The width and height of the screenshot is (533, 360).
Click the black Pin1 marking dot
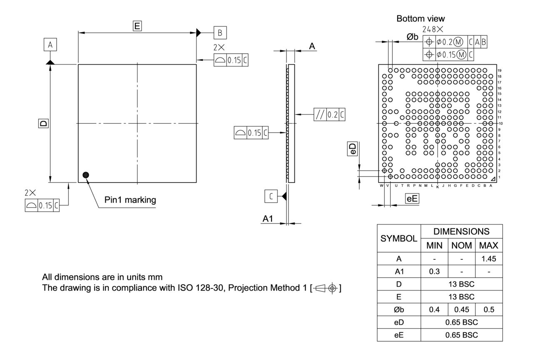(x=86, y=175)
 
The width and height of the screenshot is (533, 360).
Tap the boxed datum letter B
(x=220, y=32)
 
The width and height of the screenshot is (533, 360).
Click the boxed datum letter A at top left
(x=50, y=45)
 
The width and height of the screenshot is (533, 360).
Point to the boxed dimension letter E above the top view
(x=137, y=26)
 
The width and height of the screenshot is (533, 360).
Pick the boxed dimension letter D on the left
(x=43, y=123)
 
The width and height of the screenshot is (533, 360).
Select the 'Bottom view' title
(x=421, y=19)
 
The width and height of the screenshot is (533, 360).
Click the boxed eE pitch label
(x=412, y=199)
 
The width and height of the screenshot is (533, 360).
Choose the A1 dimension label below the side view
(x=268, y=219)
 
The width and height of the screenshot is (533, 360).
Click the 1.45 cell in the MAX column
(x=488, y=259)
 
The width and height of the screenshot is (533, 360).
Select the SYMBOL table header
(x=399, y=239)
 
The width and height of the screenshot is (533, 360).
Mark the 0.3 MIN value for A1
(x=434, y=271)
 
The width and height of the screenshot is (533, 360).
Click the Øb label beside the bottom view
(x=413, y=37)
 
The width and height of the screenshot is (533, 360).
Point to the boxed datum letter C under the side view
(x=271, y=196)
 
